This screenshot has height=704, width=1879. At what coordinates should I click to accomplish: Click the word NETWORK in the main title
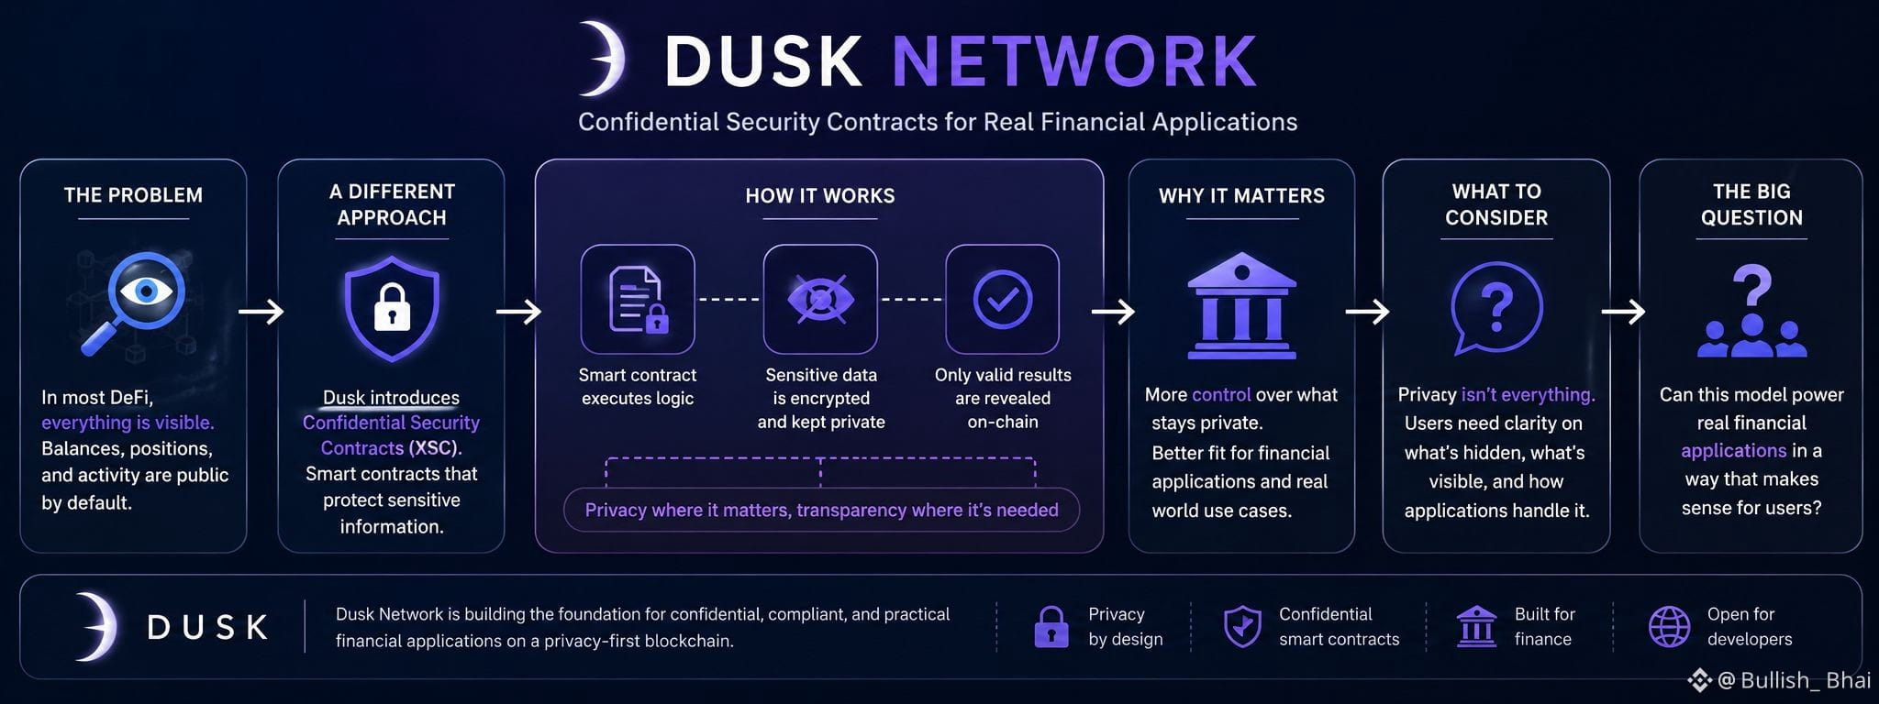pos(1074,61)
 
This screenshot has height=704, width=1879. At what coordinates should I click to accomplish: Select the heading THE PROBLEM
pos(133,195)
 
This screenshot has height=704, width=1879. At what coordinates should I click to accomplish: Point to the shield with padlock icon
pos(392,309)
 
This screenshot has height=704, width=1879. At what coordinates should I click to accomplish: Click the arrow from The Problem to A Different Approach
pos(261,313)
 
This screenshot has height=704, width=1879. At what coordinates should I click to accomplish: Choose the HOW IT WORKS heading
pos(820,196)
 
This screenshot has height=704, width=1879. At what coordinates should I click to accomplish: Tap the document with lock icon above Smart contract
pos(638,299)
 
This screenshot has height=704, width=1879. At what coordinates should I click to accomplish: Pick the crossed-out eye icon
pos(820,299)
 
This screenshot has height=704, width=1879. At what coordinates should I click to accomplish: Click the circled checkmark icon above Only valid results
pos(1002,299)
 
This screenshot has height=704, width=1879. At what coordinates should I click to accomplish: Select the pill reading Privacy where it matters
pos(821,510)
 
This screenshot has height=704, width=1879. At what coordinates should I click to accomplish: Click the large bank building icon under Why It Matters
pos(1241,305)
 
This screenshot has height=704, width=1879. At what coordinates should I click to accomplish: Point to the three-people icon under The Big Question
pos(1751,336)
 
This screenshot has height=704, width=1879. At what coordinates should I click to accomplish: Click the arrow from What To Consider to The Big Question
pos(1623,313)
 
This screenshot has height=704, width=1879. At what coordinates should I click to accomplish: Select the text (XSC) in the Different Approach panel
pos(433,448)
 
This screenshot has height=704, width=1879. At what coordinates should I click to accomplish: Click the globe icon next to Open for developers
pos(1669,627)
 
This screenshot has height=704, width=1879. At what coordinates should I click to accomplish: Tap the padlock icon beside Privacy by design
pos(1051,627)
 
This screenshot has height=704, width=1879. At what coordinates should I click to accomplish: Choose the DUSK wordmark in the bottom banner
pos(207,628)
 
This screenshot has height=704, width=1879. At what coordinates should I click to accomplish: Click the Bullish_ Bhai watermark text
pos(1805,680)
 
